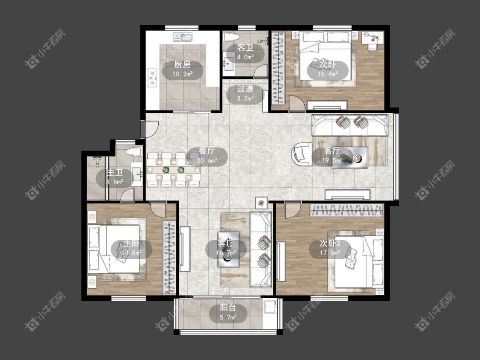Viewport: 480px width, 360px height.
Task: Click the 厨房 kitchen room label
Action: click(x=183, y=64)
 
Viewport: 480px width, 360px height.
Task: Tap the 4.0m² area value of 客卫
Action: click(x=245, y=57)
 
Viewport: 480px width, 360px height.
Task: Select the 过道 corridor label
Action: click(x=245, y=89)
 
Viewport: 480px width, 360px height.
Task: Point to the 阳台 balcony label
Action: click(x=228, y=308)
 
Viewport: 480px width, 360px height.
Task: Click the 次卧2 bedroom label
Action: click(x=330, y=244)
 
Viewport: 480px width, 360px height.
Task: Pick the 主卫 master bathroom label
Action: click(x=114, y=173)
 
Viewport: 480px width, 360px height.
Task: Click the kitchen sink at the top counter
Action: click(x=183, y=37)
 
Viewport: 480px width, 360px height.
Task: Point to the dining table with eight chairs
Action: click(x=173, y=170)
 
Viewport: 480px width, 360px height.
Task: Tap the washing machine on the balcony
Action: click(x=271, y=308)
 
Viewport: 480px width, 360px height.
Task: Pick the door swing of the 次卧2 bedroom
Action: click(x=292, y=210)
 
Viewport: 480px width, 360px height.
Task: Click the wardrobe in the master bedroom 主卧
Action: click(x=169, y=258)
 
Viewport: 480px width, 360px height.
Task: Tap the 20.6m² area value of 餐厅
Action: click(x=207, y=160)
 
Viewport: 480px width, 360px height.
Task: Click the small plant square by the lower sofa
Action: click(x=261, y=203)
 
